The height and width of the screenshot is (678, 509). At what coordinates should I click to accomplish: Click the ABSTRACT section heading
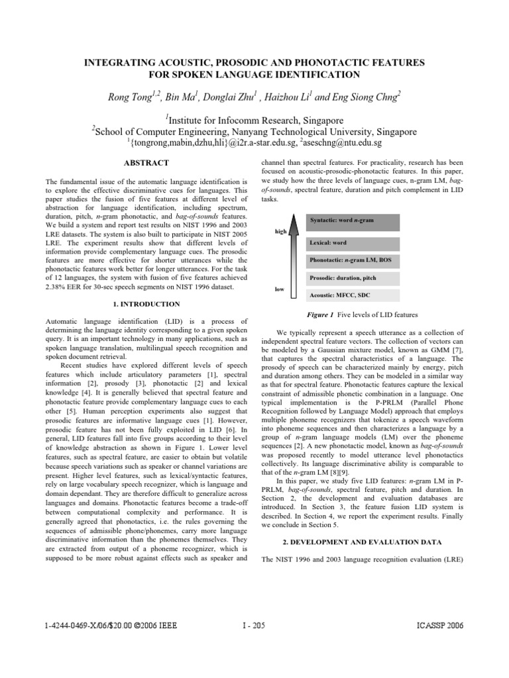(x=146, y=163)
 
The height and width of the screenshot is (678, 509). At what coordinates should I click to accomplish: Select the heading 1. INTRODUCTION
(x=146, y=304)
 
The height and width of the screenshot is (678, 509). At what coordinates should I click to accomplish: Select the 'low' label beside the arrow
(x=279, y=289)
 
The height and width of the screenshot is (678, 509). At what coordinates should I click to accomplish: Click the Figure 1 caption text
(x=362, y=315)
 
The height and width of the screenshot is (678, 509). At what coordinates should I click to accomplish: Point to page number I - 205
(x=254, y=625)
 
